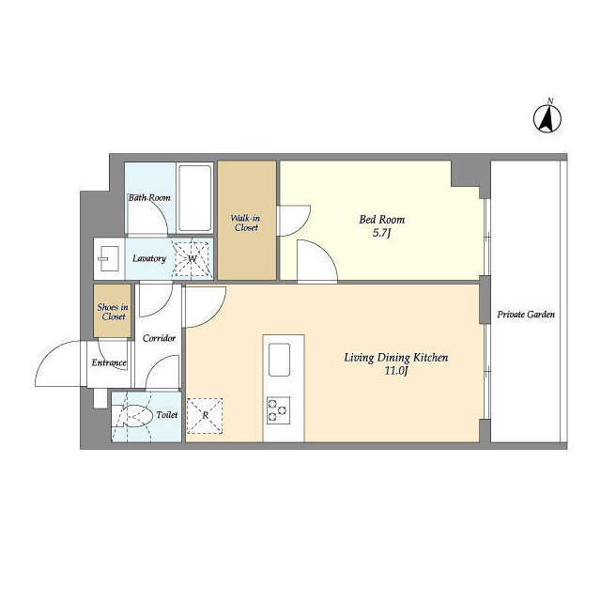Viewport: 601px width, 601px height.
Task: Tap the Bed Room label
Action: click(382, 219)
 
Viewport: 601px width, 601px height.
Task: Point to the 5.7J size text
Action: click(382, 233)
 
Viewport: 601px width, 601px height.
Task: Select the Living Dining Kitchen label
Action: click(396, 358)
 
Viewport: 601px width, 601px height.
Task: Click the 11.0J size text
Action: click(396, 371)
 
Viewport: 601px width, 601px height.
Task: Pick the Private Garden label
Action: click(526, 315)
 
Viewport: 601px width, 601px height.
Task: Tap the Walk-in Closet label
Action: click(246, 223)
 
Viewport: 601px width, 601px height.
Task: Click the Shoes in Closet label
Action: click(113, 312)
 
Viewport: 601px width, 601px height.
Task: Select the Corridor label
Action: click(159, 338)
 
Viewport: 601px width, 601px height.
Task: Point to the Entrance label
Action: click(109, 362)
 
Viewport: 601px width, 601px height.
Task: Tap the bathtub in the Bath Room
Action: click(195, 198)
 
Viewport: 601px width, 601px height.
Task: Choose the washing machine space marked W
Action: click(193, 258)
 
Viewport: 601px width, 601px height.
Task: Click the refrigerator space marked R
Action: click(205, 416)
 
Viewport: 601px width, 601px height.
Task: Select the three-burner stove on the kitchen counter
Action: click(278, 410)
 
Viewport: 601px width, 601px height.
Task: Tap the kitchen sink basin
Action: click(279, 360)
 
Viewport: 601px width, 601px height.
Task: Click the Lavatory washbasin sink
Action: click(109, 258)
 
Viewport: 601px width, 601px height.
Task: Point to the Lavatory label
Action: click(149, 258)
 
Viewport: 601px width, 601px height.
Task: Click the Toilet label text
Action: click(167, 415)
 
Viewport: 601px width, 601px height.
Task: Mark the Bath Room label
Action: click(149, 198)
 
